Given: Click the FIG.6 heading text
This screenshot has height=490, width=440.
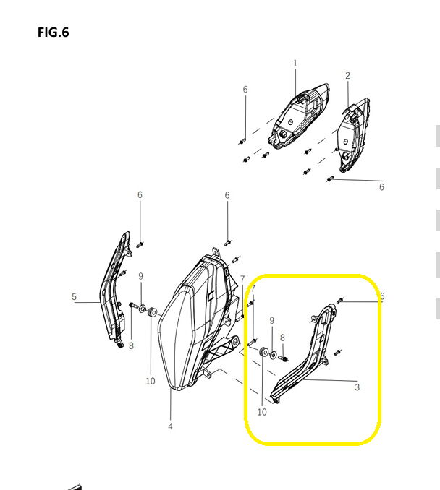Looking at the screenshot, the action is click(54, 33).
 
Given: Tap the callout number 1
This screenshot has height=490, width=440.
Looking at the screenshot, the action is click(295, 64).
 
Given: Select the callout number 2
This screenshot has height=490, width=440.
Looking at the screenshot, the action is click(347, 76).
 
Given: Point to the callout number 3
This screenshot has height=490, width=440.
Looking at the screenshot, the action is click(357, 387).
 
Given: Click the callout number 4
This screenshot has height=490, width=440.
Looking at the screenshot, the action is click(170, 426).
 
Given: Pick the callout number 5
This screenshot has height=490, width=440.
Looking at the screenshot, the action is click(74, 296).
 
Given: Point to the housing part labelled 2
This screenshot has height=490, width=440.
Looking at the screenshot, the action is click(355, 136).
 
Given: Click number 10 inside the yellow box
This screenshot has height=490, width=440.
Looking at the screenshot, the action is click(262, 412).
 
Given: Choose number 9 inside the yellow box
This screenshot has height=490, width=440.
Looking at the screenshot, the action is click(271, 321).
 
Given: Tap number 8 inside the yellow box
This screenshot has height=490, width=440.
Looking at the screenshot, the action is click(282, 338).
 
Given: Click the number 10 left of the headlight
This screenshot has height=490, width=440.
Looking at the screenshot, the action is click(151, 382).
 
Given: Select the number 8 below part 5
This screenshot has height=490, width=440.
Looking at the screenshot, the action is click(131, 345).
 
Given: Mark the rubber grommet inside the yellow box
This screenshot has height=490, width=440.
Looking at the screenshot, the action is click(263, 352).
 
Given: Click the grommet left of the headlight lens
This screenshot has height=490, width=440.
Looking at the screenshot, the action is click(152, 311).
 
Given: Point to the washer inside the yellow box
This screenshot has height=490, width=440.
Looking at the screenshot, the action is click(273, 356).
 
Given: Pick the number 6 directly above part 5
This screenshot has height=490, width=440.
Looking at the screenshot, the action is click(140, 195).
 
